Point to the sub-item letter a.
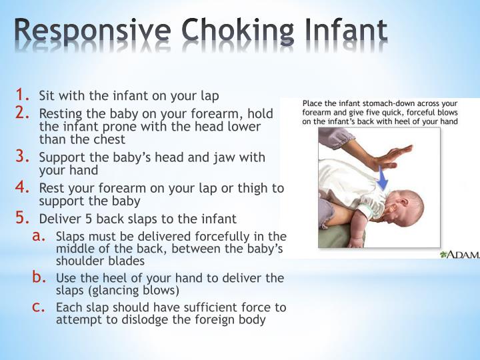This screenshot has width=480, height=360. click(39, 235)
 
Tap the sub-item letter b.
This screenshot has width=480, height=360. click(39, 277)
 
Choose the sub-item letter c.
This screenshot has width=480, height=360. click(39, 307)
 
